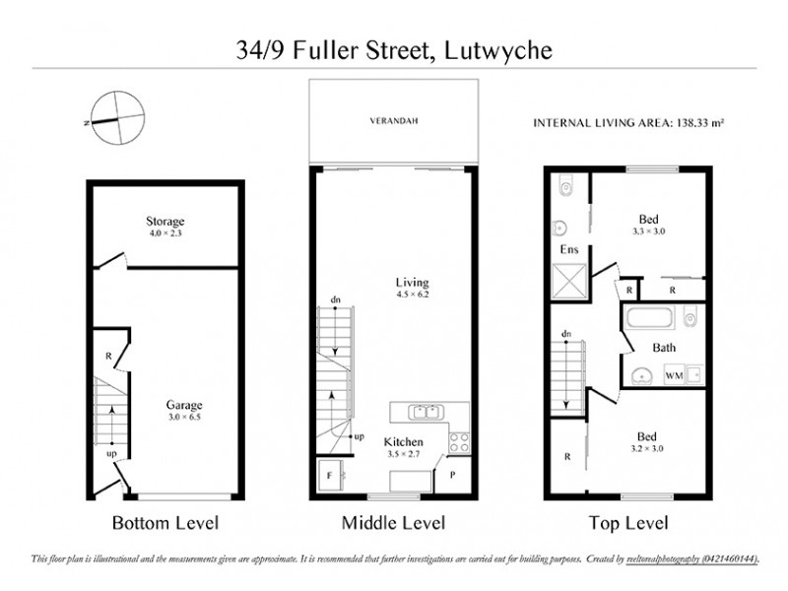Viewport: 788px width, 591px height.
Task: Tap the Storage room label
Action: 165,222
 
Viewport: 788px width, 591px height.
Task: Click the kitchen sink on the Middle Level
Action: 422,410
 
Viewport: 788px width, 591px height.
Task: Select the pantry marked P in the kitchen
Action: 454,474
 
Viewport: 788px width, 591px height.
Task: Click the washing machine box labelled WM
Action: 674,375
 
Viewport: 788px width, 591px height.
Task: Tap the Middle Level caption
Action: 393,522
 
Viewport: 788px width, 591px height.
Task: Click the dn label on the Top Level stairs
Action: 566,335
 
